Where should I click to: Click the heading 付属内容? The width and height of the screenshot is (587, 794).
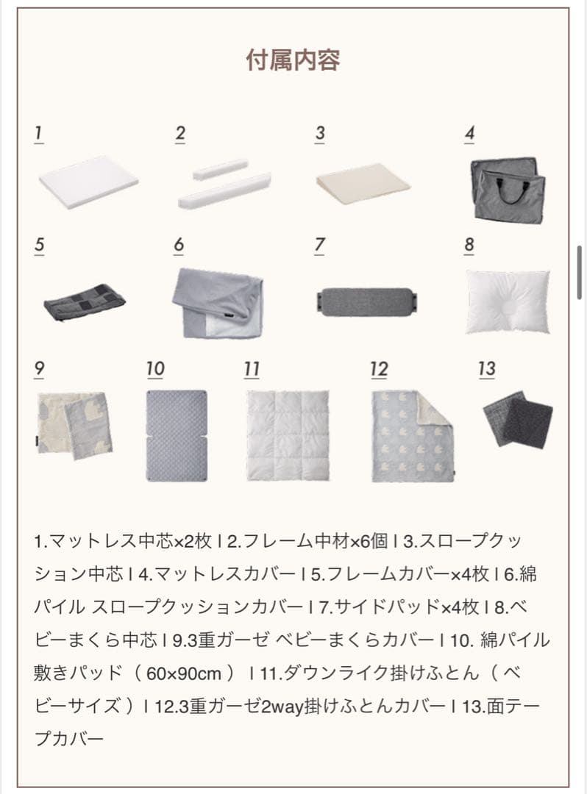[293, 60]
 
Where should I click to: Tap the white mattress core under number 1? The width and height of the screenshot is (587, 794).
[88, 181]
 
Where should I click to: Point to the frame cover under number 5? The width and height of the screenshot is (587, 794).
[84, 300]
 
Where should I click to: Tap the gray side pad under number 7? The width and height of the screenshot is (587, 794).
[366, 301]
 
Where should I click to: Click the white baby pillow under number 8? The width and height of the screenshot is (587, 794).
[508, 300]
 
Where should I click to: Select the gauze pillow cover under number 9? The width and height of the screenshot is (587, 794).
[74, 424]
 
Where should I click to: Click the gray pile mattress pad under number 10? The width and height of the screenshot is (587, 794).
[176, 435]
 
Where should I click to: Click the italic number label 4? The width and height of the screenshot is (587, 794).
[469, 135]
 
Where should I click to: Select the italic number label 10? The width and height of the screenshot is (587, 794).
[155, 369]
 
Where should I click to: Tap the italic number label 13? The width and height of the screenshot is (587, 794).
[486, 369]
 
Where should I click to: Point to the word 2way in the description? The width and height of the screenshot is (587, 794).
[284, 707]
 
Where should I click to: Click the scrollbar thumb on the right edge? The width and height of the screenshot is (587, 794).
[580, 272]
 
